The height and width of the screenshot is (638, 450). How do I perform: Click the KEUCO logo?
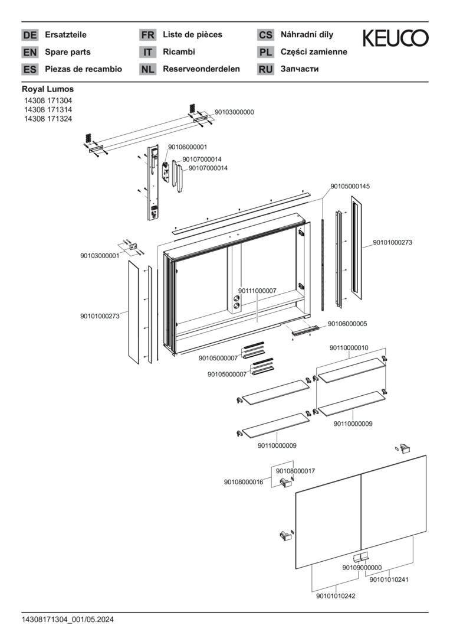[x=395, y=39]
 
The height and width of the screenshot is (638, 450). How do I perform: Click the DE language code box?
[x=29, y=35]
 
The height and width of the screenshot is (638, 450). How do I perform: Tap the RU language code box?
[x=265, y=69]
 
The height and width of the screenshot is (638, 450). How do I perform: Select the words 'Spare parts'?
[x=68, y=52]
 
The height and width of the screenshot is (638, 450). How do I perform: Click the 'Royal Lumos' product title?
[x=48, y=89]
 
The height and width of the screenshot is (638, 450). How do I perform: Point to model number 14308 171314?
[x=48, y=110]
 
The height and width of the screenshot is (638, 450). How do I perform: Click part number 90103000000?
[x=234, y=112]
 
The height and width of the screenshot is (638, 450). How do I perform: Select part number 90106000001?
[x=188, y=147]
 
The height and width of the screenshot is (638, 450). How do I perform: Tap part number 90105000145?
[x=350, y=186]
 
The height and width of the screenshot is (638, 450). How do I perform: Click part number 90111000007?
[x=257, y=291]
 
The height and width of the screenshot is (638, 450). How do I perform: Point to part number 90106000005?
[x=347, y=324]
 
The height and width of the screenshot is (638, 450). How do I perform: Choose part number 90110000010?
[x=349, y=348]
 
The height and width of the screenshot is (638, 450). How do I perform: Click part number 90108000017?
[x=295, y=471]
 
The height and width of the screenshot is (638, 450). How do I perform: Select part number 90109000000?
[x=362, y=568]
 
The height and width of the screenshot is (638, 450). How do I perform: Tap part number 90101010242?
[x=336, y=596]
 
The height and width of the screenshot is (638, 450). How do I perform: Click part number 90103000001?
[x=100, y=256]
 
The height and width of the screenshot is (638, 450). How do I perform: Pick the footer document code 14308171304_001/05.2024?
[x=68, y=619]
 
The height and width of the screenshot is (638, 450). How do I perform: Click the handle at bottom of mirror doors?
[x=360, y=557]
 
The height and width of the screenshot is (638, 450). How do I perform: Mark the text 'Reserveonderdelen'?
[x=201, y=69]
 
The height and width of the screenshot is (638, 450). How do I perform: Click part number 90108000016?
[x=243, y=482]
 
